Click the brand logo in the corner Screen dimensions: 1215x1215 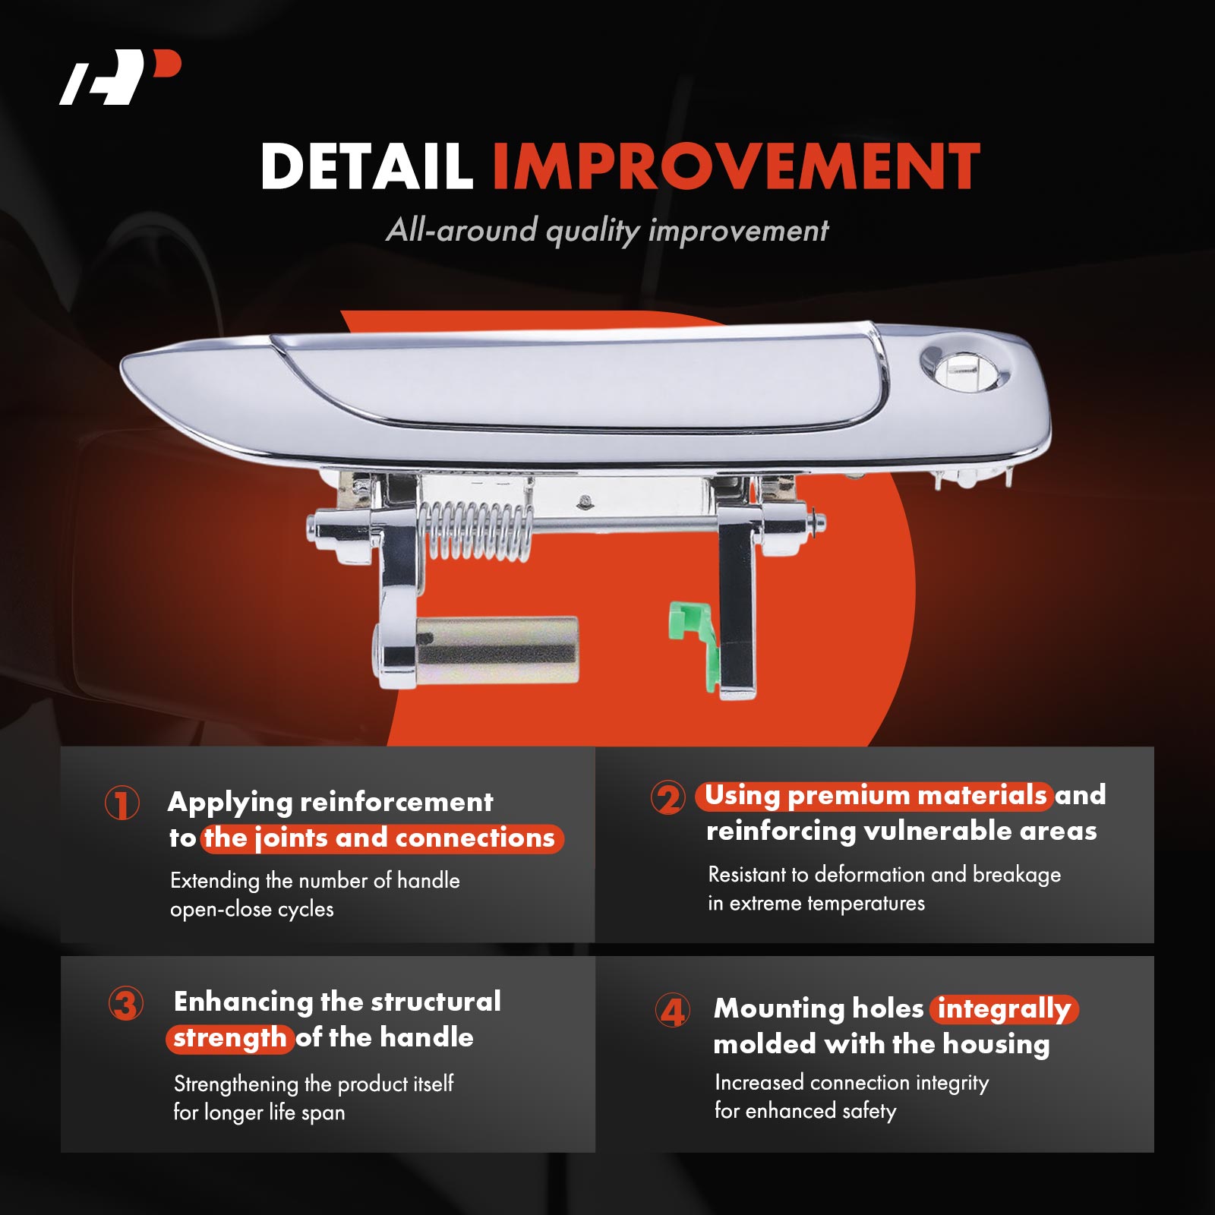pyautogui.click(x=120, y=77)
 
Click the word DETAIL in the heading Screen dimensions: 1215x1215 pyautogui.click(x=367, y=166)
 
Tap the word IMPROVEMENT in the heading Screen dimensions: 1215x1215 pyautogui.click(x=736, y=166)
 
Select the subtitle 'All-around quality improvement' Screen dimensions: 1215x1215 pyautogui.click(x=607, y=230)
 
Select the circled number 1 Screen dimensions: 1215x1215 pyautogui.click(x=121, y=803)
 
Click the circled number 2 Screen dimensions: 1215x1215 pyautogui.click(x=668, y=797)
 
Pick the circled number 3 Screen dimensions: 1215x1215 pyautogui.click(x=126, y=1004)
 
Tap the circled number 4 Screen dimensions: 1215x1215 pyautogui.click(x=673, y=1011)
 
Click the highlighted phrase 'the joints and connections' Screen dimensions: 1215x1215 pyautogui.click(x=381, y=838)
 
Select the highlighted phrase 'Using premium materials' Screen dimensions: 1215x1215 pyautogui.click(x=874, y=795)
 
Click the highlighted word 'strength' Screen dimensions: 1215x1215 pyautogui.click(x=230, y=1037)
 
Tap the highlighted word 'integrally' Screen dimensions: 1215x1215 pyautogui.click(x=1004, y=1009)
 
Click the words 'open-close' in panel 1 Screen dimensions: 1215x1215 pyautogui.click(x=220, y=910)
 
